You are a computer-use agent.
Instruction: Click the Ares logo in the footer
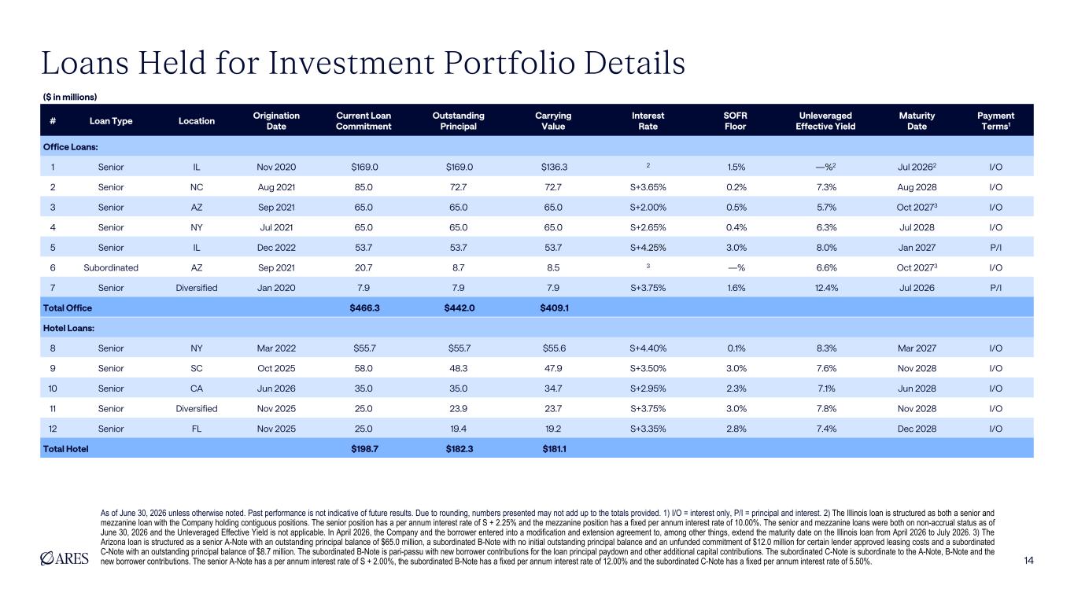pos(65,558)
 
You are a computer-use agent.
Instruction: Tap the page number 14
pos(1028,561)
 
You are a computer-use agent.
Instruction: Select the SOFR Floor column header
pos(735,121)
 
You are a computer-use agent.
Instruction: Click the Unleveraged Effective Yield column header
pos(825,121)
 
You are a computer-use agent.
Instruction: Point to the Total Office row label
pos(67,308)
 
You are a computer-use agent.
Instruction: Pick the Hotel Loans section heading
pos(68,329)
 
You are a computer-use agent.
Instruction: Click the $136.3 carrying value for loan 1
pos(554,167)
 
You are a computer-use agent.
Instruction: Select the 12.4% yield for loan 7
pos(827,288)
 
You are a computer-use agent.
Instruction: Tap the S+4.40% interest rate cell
pos(648,348)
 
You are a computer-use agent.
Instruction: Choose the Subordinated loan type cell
pos(111,267)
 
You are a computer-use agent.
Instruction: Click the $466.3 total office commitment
pos(364,308)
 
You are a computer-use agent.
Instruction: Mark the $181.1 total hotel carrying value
pos(554,449)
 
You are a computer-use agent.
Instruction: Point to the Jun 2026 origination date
pos(276,389)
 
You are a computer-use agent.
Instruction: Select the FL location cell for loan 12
pos(197,429)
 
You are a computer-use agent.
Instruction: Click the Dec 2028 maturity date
pos(917,429)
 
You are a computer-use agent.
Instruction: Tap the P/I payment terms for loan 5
pos(996,248)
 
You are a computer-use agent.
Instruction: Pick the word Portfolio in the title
pos(510,63)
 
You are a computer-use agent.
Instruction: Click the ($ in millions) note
pos(70,97)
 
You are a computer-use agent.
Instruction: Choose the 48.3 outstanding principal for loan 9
pos(459,368)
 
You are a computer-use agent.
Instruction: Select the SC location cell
pos(197,368)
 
